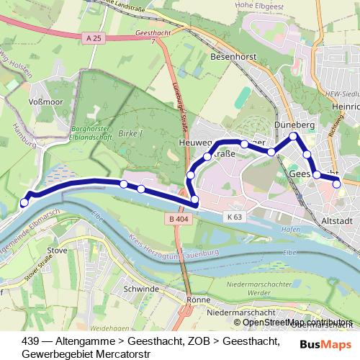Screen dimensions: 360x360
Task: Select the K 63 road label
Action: [x=233, y=216]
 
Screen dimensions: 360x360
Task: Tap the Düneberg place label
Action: [x=292, y=124]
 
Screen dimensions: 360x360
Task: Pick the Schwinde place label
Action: [x=140, y=289]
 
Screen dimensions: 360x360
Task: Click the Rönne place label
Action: [x=197, y=299]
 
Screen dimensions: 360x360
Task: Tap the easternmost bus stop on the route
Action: [x=337, y=184]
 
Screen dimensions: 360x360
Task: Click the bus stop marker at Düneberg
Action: [x=293, y=136]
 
